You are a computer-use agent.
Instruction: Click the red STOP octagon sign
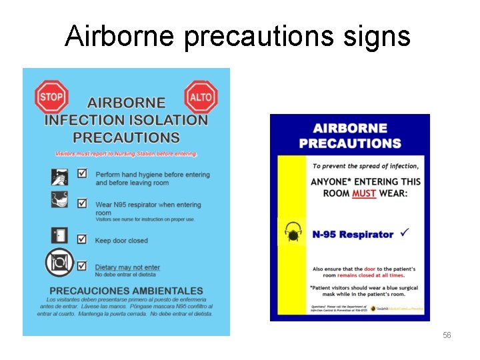[51, 97]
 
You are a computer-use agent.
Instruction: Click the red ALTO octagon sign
[201, 97]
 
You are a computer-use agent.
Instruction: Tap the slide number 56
[447, 335]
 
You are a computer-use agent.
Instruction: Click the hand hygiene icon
[60, 177]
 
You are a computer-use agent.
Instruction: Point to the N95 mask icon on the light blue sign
[60, 200]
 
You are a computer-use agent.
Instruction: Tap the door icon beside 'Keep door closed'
[60, 235]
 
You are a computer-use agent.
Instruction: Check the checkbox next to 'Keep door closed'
[82, 239]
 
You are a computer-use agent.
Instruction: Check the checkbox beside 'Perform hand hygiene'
[82, 173]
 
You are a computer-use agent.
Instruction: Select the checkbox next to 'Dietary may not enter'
[82, 265]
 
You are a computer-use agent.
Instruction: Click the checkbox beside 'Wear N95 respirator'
[82, 203]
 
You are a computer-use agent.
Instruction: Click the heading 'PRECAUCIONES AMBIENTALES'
[127, 291]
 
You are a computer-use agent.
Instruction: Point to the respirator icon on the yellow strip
[293, 234]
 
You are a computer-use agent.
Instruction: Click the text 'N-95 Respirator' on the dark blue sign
[353, 235]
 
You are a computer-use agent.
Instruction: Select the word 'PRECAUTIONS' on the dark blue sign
[350, 143]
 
